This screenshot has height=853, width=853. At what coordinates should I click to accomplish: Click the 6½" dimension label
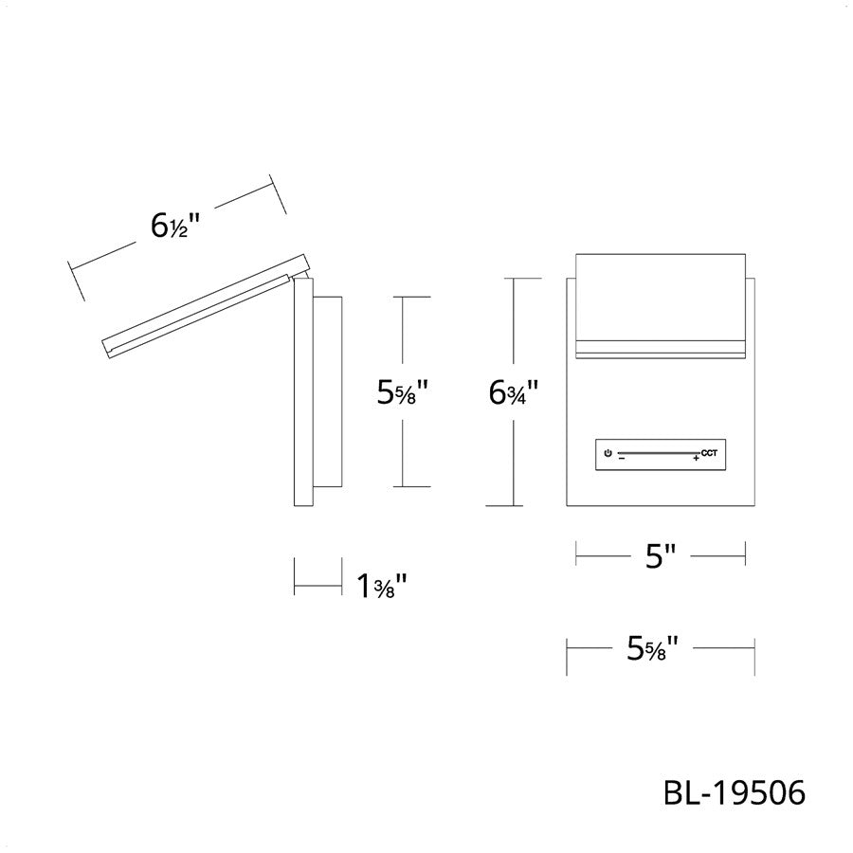[175, 226]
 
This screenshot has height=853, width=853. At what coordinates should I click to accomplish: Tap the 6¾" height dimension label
[514, 392]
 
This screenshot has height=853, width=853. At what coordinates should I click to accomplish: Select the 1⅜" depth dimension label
[382, 586]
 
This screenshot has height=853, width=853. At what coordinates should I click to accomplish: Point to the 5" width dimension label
[661, 556]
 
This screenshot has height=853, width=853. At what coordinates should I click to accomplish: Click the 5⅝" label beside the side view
[403, 391]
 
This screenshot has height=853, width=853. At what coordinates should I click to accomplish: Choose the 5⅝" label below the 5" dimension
[653, 648]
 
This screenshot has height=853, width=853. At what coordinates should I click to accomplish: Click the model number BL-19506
[734, 792]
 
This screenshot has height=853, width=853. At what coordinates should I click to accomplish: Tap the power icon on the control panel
[608, 453]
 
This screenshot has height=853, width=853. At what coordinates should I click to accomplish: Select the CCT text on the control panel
[709, 453]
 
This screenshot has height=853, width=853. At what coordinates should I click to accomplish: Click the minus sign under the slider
[621, 459]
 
